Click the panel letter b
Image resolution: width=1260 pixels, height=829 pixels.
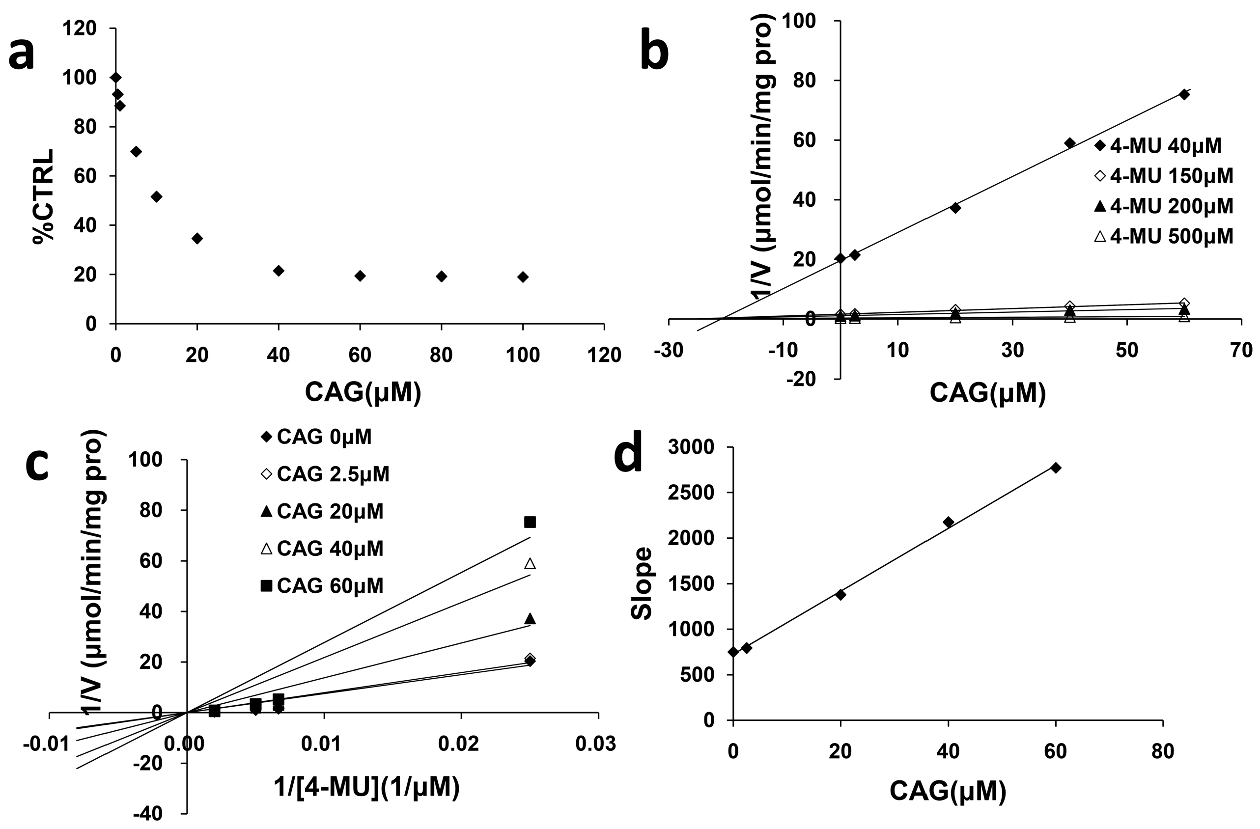654,53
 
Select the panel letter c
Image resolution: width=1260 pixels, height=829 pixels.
38,466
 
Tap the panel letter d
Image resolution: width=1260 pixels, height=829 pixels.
628,455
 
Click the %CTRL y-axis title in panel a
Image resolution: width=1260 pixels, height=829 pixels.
44,196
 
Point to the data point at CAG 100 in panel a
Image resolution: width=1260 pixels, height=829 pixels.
523,277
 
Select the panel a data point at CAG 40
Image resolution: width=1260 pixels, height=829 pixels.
279,271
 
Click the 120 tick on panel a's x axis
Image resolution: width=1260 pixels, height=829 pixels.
604,355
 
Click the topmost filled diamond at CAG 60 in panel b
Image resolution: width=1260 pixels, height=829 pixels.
1184,95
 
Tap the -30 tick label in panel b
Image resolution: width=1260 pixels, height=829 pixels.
668,351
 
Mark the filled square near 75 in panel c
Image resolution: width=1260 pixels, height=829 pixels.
530,523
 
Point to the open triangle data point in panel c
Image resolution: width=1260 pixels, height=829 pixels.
530,564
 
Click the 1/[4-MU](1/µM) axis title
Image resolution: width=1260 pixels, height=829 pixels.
366,787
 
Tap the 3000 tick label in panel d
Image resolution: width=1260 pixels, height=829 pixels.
691,448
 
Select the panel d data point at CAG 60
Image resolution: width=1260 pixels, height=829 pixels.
1056,468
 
